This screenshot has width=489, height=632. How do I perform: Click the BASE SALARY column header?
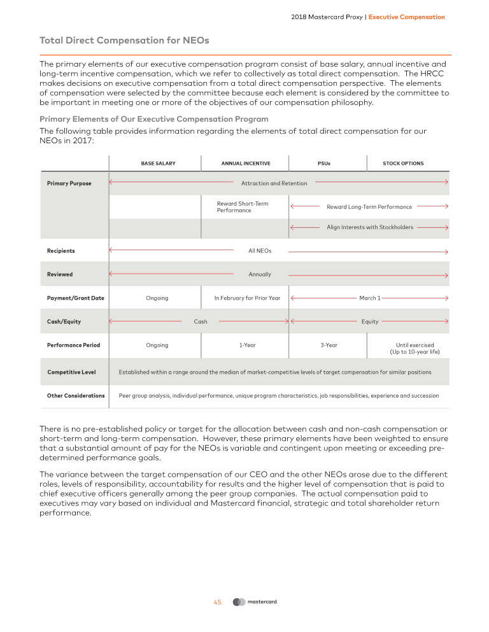coord(158,164)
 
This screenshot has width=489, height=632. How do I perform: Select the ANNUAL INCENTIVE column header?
coord(246,164)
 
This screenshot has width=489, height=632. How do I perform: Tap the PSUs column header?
coord(323,164)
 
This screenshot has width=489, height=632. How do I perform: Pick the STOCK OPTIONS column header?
coord(402,164)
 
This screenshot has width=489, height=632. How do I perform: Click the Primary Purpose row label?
coord(69,183)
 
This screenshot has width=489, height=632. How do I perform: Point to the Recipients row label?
coord(60,251)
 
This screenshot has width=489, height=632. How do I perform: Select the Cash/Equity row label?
coord(64,321)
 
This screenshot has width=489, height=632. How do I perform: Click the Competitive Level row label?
coord(71,372)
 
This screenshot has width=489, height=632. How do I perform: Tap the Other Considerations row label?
coord(76,395)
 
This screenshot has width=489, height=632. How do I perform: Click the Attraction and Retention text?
coord(274,183)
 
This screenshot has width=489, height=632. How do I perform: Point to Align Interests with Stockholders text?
coord(369,227)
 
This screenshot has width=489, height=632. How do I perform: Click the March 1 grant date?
coord(369,298)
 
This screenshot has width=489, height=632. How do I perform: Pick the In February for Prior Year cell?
coord(247,298)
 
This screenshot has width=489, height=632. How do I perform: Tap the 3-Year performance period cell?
coord(329,345)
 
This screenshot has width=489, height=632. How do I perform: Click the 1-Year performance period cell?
coord(247,345)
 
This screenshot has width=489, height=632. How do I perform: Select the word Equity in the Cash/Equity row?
coord(369,321)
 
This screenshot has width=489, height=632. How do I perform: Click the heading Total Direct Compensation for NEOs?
coord(124,40)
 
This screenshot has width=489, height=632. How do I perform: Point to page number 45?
coord(217,601)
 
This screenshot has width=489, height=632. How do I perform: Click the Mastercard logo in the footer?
coord(255,601)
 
